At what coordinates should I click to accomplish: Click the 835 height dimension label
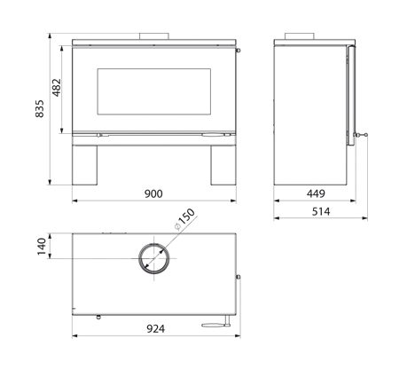coord(40,108)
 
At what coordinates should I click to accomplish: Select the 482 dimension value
coord(56,88)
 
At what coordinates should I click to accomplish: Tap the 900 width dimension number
coord(153,193)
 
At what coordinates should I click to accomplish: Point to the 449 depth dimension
coord(316,193)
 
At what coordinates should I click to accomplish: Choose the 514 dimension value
coord(321,211)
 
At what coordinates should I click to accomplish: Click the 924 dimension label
coord(156,328)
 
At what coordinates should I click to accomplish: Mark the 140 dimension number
coord(42,247)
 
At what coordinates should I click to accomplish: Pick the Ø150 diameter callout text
coord(185,219)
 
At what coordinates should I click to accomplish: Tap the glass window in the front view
coord(154,91)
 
